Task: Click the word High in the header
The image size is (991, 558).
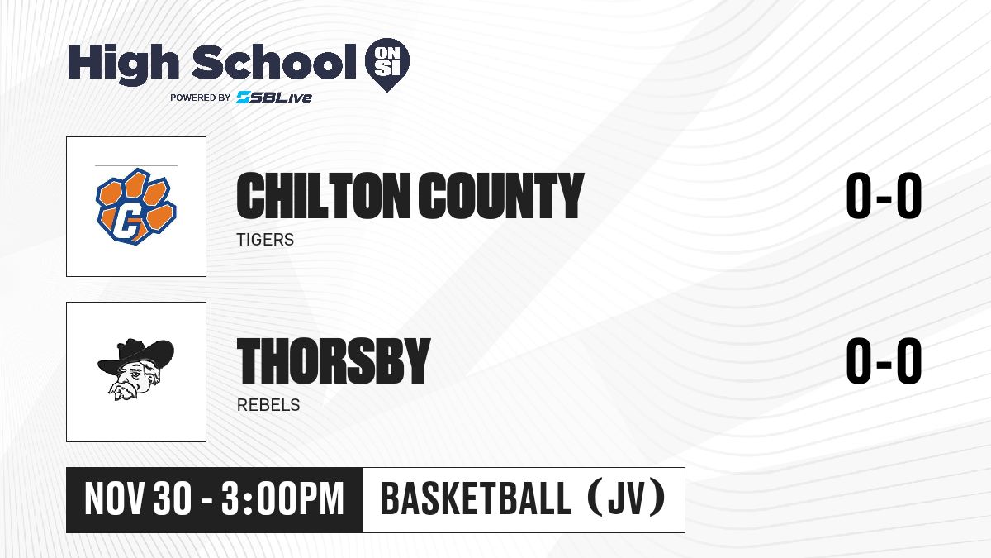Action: pyautogui.click(x=123, y=64)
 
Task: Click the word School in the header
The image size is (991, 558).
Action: pyautogui.click(x=274, y=61)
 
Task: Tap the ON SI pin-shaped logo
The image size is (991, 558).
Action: pyautogui.click(x=387, y=64)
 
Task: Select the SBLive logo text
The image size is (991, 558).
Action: pyautogui.click(x=274, y=98)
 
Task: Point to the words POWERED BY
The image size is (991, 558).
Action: pyautogui.click(x=201, y=98)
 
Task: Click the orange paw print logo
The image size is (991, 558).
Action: pyautogui.click(x=136, y=207)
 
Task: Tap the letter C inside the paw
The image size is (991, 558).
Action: pyautogui.click(x=127, y=222)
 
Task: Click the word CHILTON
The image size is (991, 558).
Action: pyautogui.click(x=324, y=196)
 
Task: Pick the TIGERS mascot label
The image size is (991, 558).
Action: pyautogui.click(x=265, y=240)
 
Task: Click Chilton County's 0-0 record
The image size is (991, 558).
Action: pyautogui.click(x=884, y=195)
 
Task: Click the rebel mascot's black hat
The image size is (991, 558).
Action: pyautogui.click(x=135, y=356)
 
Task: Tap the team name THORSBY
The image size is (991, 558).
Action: pyautogui.click(x=334, y=361)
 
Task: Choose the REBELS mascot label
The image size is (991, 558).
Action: pyautogui.click(x=268, y=405)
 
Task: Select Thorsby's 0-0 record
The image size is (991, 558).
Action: pyautogui.click(x=884, y=360)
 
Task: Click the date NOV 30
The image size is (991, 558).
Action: pyautogui.click(x=138, y=499)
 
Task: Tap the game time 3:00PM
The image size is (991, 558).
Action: pyautogui.click(x=282, y=499)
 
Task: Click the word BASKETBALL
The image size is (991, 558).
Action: pyautogui.click(x=476, y=499)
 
